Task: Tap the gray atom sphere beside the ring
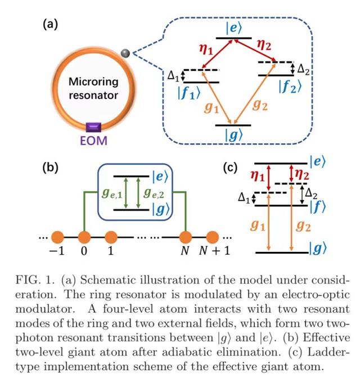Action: [125, 53]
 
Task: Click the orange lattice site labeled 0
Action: [84, 237]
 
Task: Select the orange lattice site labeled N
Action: [186, 237]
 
